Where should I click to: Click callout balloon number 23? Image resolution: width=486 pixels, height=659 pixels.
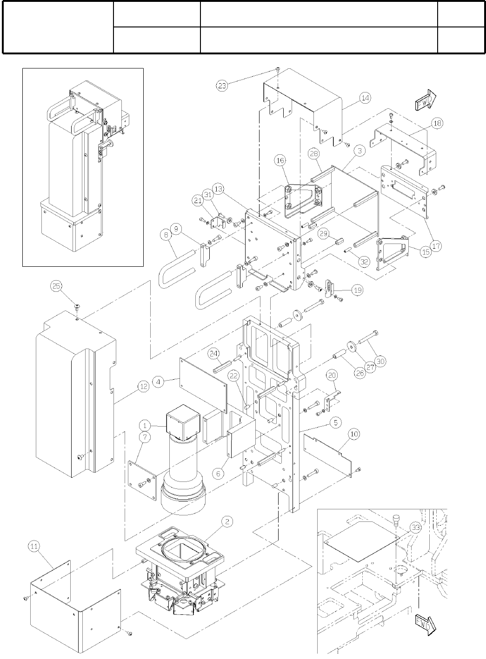tap(222, 86)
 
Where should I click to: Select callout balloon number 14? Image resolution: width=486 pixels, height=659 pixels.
tap(365, 98)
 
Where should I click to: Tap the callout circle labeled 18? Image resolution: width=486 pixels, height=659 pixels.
tap(437, 123)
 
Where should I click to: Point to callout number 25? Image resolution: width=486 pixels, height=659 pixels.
tap(56, 286)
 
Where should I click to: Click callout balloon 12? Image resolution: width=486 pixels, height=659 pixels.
tap(144, 386)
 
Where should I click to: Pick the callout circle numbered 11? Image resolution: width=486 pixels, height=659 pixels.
tap(34, 547)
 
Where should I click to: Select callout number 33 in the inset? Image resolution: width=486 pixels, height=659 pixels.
tap(415, 527)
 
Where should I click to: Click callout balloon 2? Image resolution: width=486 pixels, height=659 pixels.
tap(226, 521)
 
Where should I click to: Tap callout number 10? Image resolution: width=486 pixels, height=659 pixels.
tap(354, 434)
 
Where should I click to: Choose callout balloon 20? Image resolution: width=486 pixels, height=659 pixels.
tap(332, 375)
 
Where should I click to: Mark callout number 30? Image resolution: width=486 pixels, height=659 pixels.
tap(380, 361)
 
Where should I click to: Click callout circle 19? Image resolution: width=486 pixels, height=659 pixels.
tap(357, 290)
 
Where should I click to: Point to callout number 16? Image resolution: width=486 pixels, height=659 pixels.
tap(280, 161)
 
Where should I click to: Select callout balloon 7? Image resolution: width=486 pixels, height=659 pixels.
tap(144, 439)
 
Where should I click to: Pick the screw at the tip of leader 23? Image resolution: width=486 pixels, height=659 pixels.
tap(277, 69)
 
